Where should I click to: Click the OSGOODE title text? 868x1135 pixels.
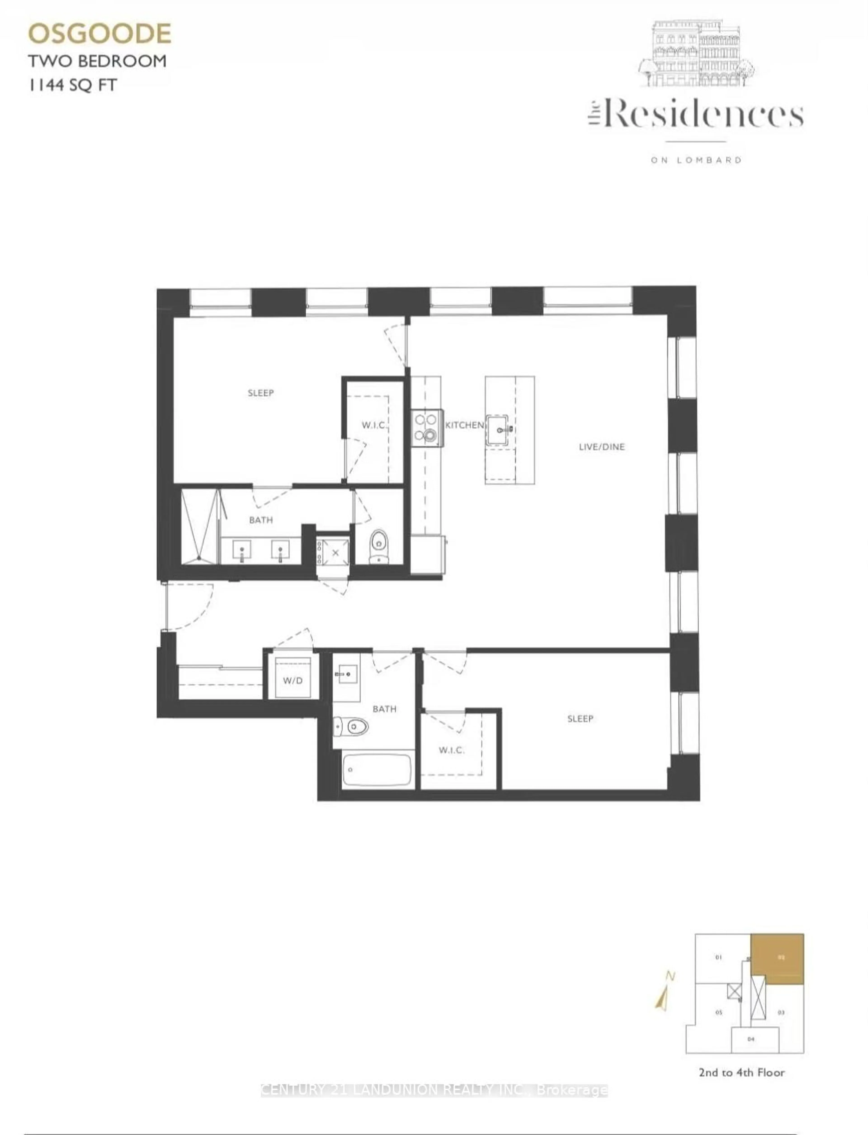(x=99, y=34)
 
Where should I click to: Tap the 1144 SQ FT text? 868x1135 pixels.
(x=72, y=85)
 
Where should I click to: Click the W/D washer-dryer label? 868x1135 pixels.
(x=292, y=681)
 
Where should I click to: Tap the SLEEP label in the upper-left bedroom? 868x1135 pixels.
(x=260, y=393)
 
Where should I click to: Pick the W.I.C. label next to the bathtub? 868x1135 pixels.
(x=451, y=750)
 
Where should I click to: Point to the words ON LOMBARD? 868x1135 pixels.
(x=696, y=160)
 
